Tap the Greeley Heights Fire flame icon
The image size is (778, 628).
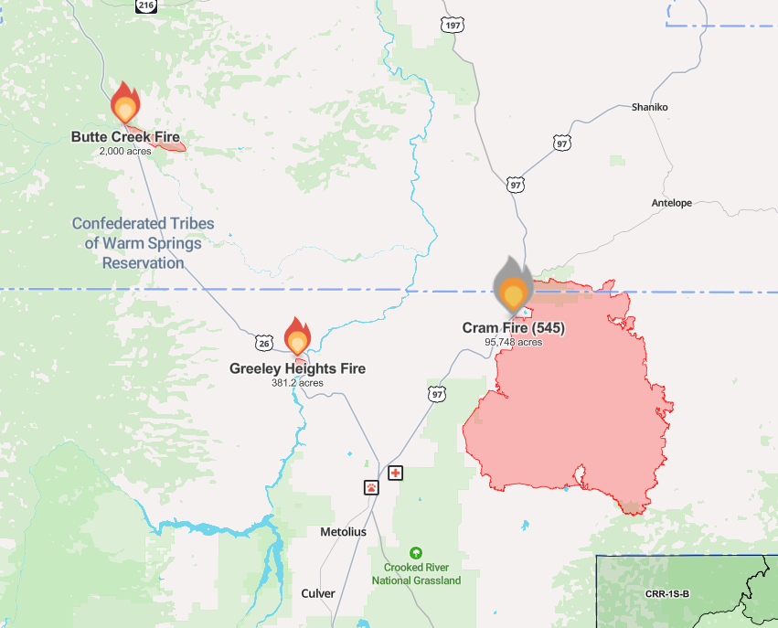(297, 338)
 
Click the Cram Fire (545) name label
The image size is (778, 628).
(519, 327)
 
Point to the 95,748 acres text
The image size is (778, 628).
(513, 342)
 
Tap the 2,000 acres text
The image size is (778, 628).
(125, 151)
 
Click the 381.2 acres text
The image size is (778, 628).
(297, 383)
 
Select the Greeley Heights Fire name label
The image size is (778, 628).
(297, 368)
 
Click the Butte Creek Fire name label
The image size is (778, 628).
(125, 137)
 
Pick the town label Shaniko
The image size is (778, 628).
(649, 107)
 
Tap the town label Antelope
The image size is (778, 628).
(671, 203)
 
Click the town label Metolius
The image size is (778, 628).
(343, 532)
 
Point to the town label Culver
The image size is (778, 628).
(318, 593)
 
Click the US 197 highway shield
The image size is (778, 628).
(451, 24)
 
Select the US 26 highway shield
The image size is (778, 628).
(262, 343)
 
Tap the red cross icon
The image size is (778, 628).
(395, 473)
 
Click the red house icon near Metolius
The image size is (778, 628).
(371, 487)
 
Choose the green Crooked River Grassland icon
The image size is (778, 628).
(416, 553)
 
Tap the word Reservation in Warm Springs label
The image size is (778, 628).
(143, 262)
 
